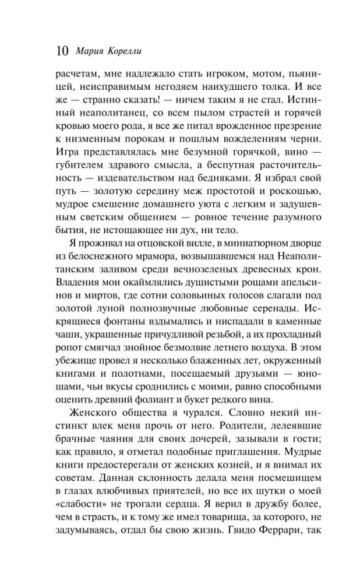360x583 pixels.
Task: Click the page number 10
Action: (61, 51)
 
